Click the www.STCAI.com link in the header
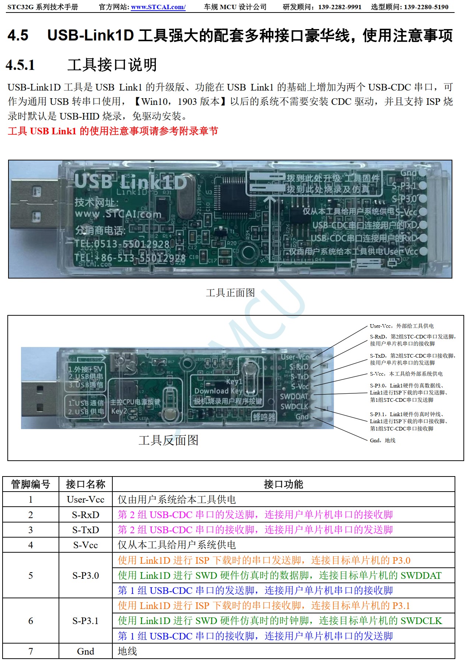(x=158, y=7)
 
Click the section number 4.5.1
(x=21, y=65)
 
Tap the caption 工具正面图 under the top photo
(x=230, y=293)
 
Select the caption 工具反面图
(x=168, y=440)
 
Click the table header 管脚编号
(x=31, y=484)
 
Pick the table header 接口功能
(x=283, y=484)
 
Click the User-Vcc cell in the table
(x=85, y=499)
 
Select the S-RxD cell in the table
(x=85, y=515)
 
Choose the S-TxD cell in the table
(x=85, y=530)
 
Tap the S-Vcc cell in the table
(x=85, y=545)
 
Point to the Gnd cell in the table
(x=85, y=651)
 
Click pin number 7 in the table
(x=31, y=651)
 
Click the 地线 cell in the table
(x=127, y=651)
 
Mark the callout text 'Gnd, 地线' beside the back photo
(x=382, y=440)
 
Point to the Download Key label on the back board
(x=218, y=391)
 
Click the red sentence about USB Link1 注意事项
(x=113, y=131)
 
